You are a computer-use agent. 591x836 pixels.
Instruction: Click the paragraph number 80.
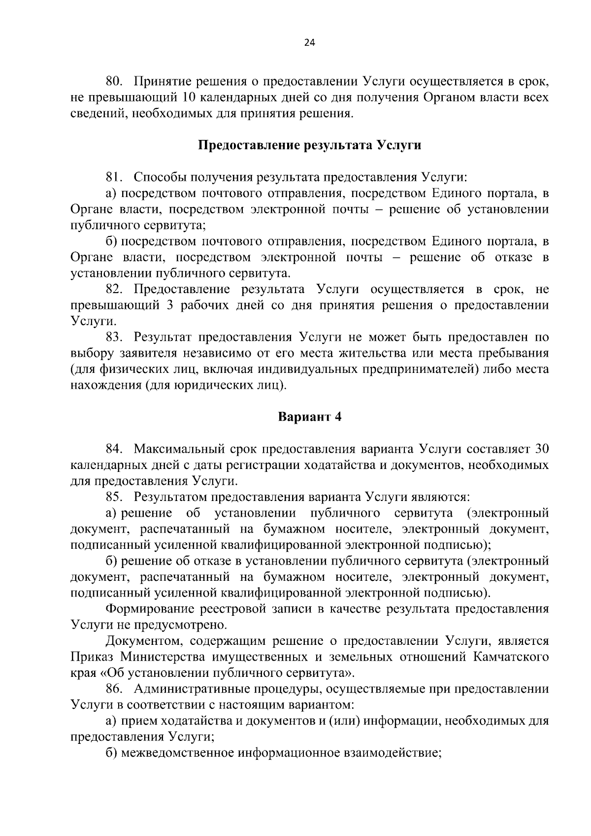click(114, 81)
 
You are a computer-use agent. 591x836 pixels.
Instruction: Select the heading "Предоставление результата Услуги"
click(309, 145)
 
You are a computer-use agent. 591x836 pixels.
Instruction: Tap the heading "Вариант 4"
click(309, 417)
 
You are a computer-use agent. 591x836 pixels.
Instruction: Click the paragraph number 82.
click(114, 289)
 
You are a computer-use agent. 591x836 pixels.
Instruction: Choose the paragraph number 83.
click(114, 337)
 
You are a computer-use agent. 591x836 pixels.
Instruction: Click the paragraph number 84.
click(114, 449)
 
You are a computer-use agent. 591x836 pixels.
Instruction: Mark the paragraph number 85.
click(114, 497)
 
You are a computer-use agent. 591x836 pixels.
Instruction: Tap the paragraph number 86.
click(114, 689)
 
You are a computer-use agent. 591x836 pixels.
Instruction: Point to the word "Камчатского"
click(512, 657)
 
